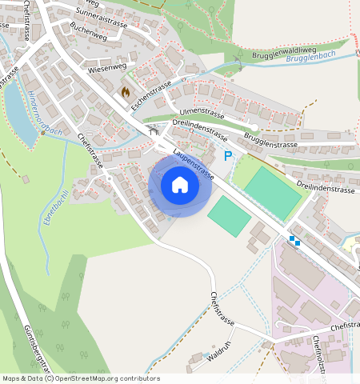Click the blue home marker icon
point(180,186)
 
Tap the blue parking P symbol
point(227,156)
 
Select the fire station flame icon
point(125,92)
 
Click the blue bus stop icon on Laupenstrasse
point(294,238)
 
